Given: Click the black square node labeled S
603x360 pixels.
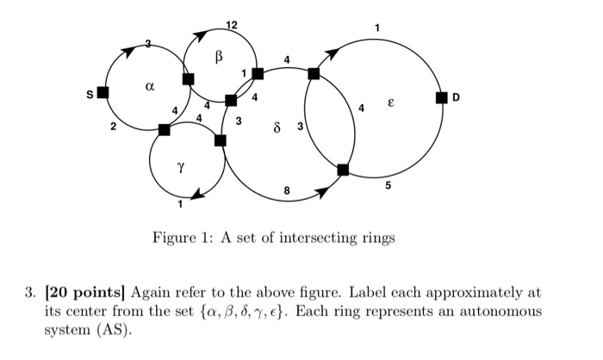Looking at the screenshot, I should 103,92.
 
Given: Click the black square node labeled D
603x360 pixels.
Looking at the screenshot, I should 442,97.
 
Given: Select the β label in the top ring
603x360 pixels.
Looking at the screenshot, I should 219,57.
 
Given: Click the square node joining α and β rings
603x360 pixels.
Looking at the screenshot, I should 188,79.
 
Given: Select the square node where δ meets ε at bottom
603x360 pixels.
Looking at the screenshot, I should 343,170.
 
